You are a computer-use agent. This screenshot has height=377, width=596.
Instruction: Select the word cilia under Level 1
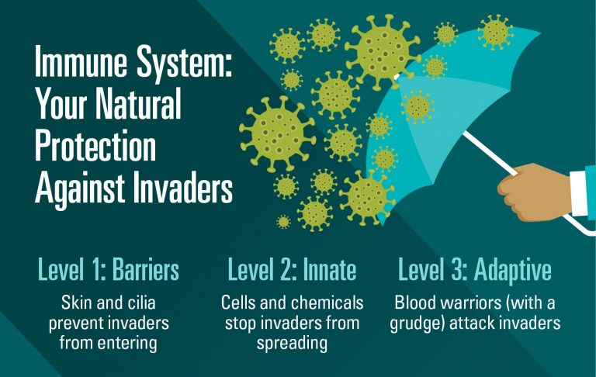(144, 301)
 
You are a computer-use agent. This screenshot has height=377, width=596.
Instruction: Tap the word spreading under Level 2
(293, 341)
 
